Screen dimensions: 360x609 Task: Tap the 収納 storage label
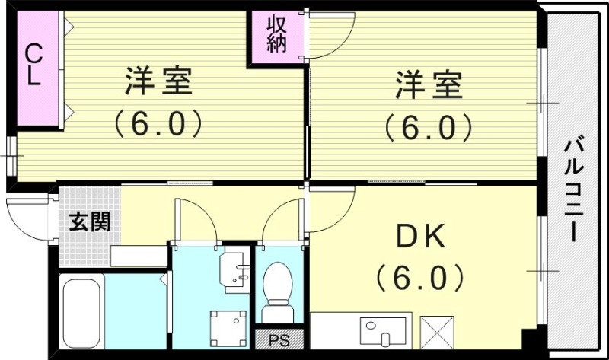[x=276, y=34]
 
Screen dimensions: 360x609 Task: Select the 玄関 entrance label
[x=90, y=222]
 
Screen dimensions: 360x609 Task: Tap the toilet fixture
[x=277, y=293]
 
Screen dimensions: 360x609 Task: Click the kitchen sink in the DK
[x=378, y=332]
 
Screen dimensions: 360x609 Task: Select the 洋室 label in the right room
[x=428, y=84]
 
